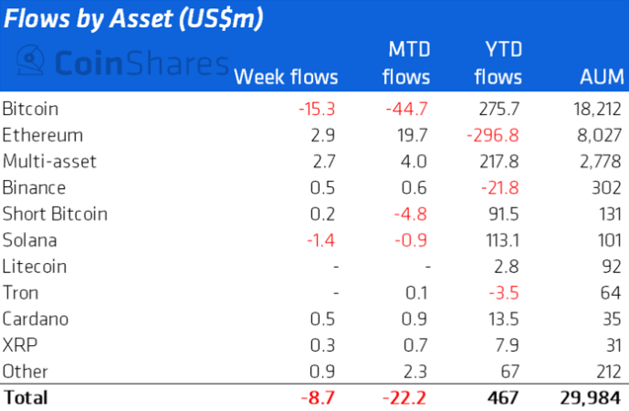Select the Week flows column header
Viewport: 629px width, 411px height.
286,77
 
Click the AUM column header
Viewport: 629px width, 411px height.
600,77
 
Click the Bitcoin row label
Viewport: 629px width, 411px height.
31,109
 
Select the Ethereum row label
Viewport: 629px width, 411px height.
43,135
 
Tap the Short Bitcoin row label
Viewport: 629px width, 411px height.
55,214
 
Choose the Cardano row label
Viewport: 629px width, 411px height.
36,320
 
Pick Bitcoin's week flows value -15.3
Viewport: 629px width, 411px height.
318,109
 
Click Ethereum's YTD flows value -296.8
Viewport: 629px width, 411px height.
494,135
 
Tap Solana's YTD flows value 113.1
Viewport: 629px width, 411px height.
501,240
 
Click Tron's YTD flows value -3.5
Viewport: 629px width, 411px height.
505,293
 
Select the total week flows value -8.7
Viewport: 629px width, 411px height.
320,397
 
